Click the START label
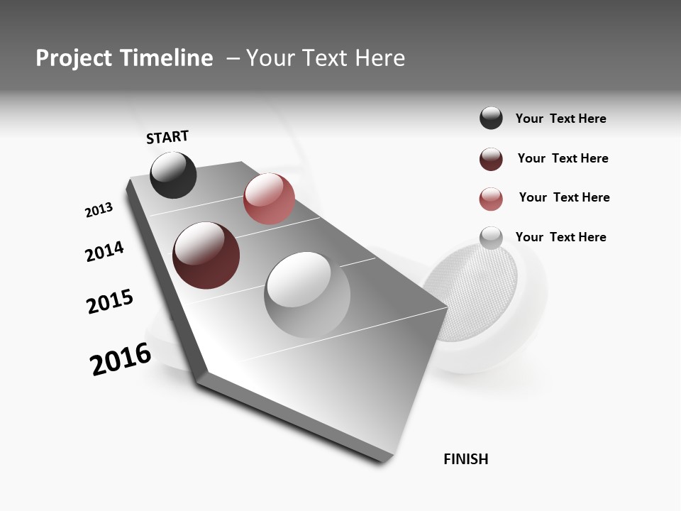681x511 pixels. point(167,137)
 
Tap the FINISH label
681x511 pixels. point(465,459)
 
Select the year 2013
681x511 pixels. point(99,210)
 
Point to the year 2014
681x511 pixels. point(104,251)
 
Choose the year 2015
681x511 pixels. point(110,302)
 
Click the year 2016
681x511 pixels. point(121,359)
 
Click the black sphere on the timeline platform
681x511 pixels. point(173,175)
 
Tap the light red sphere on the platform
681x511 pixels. point(269,199)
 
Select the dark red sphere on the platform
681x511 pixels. point(206,255)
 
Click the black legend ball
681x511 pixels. point(491,118)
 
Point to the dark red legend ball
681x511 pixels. point(491,159)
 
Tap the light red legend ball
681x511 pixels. point(491,199)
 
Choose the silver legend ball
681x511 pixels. point(491,238)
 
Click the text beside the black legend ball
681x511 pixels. point(560,119)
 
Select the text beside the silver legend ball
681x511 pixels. point(560,237)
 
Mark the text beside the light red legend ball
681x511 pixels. point(564,197)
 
